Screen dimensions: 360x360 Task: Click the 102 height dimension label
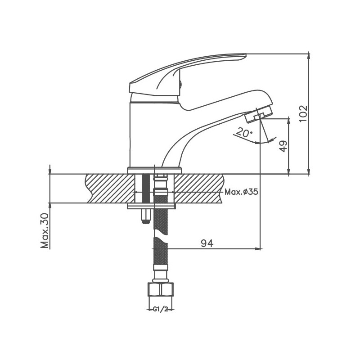[x=303, y=114]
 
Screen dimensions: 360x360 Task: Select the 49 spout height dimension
[x=284, y=146]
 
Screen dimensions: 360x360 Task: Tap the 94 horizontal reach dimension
[x=207, y=243]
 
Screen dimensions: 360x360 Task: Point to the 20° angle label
[x=244, y=132]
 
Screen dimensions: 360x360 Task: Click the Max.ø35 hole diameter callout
[x=241, y=192]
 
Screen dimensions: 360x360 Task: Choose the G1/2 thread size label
[x=161, y=309]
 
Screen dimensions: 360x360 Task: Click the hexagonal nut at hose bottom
[x=161, y=290]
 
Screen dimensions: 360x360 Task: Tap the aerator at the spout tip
[x=259, y=114]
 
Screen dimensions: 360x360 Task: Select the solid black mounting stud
[x=146, y=189]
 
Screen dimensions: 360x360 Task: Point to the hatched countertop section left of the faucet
[x=110, y=189]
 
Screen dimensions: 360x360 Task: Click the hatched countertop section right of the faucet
[x=198, y=189]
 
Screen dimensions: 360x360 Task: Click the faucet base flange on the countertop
[x=154, y=171]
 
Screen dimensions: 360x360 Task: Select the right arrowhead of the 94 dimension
[x=258, y=249]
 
